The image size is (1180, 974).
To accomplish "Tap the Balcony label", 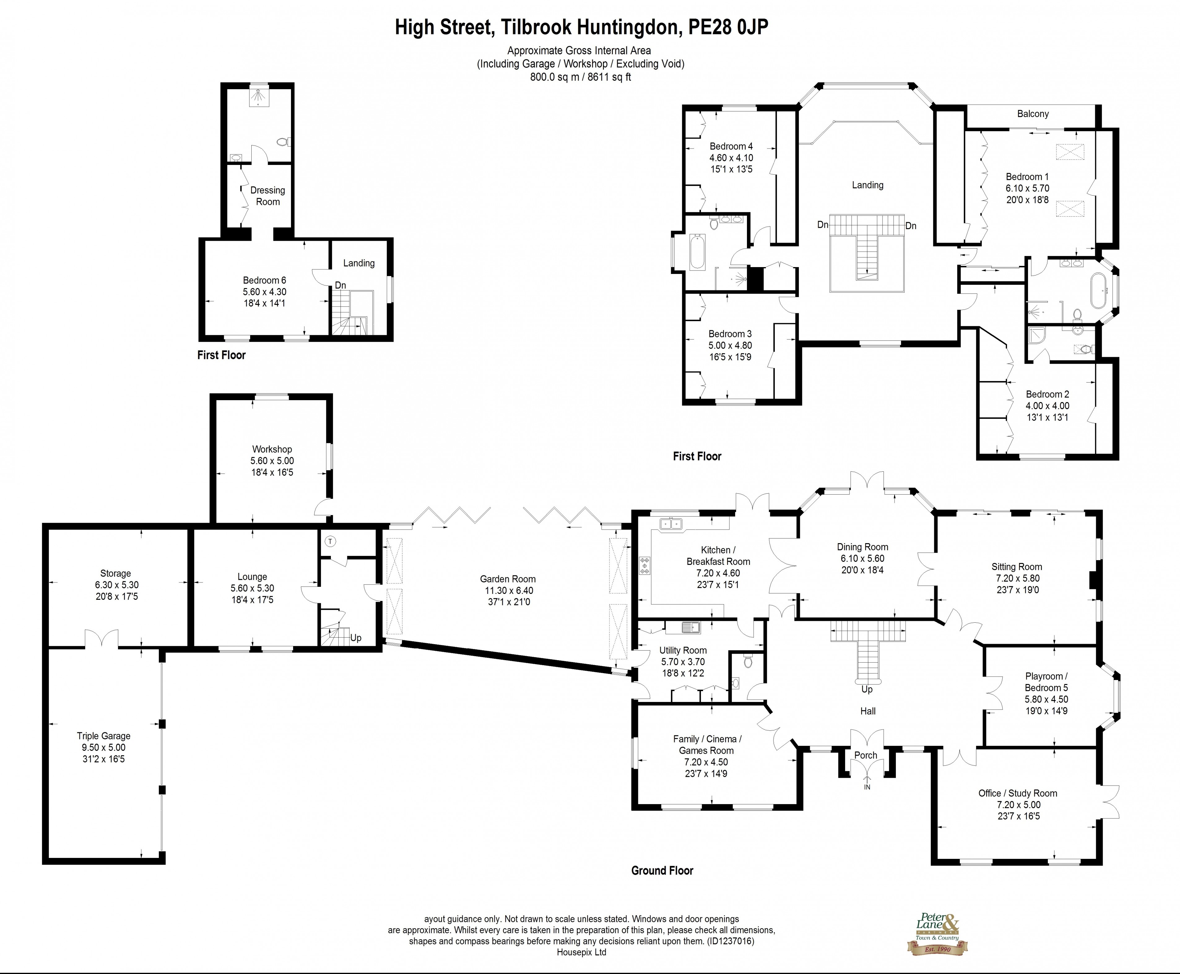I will (x=1032, y=114).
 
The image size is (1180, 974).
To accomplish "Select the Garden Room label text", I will (x=507, y=579).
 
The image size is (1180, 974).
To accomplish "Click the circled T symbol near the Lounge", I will (x=331, y=541).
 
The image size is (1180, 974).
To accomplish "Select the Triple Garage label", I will (x=103, y=736).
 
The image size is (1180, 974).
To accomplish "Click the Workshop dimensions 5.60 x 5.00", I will (x=272, y=461).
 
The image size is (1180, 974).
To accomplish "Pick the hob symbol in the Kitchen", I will (x=644, y=566).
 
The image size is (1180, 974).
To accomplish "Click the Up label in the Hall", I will (x=867, y=689).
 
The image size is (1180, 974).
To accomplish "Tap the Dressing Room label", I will (x=268, y=196).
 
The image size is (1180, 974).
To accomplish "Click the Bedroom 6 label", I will (x=264, y=280).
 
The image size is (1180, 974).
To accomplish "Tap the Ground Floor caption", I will (x=662, y=870).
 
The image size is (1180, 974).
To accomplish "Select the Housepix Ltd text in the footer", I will (x=581, y=952).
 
